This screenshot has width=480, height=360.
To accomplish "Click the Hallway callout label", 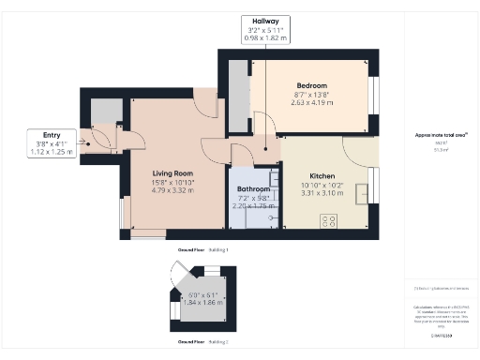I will pos(265,21).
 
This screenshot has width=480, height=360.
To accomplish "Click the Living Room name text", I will pos(172,173).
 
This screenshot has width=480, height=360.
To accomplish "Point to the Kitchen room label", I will pos(322,175).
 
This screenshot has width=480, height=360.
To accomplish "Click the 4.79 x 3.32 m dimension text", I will pos(172,190).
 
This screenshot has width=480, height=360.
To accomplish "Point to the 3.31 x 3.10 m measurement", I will pos(322,193).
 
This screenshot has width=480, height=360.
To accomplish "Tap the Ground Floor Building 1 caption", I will pos(202,250).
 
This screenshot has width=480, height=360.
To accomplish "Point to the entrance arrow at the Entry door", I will pos(85,143).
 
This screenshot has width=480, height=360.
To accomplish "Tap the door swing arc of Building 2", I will pos(177,278).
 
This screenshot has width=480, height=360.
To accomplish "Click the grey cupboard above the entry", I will pos(105,112).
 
